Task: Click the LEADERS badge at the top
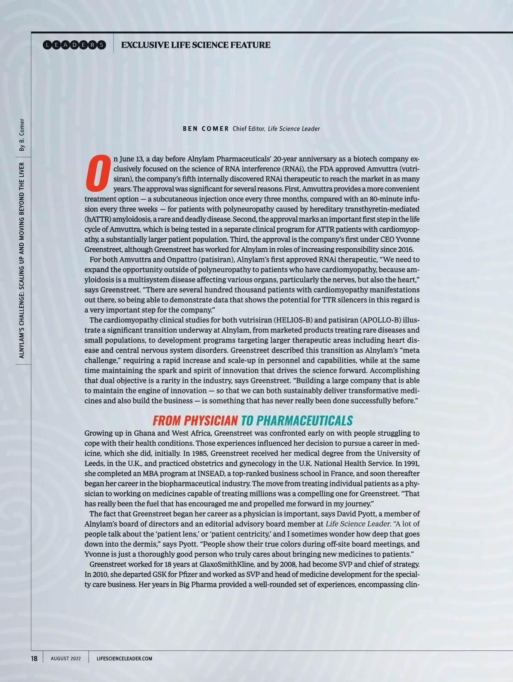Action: [74, 45]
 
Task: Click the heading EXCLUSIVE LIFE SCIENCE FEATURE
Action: [196, 45]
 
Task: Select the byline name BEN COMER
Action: [206, 129]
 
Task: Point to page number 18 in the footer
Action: [34, 658]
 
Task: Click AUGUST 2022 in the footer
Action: [65, 658]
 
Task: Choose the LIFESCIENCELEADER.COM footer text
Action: [124, 658]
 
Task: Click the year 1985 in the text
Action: [200, 453]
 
